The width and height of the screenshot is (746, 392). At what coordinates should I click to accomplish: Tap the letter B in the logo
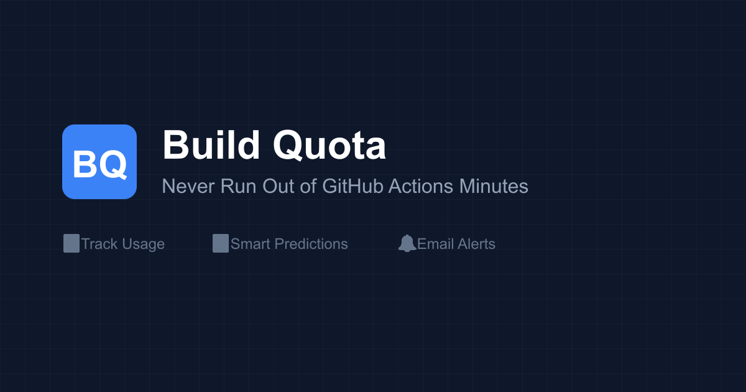[x=84, y=165]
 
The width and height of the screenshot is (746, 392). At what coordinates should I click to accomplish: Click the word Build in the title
[x=211, y=146]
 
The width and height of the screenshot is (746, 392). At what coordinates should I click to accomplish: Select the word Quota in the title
[x=329, y=146]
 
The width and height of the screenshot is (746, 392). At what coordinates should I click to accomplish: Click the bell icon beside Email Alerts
[x=407, y=243]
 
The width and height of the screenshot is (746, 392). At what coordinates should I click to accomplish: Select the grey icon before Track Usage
[x=71, y=243]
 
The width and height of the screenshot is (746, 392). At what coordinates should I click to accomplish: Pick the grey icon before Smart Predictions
[x=221, y=243]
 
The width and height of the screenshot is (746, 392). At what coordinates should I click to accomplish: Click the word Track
[x=99, y=244]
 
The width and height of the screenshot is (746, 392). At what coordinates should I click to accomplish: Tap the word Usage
[x=144, y=244]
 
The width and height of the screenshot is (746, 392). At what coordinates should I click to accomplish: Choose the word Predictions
[x=311, y=244]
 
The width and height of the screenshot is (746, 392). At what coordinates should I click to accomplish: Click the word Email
[x=435, y=244]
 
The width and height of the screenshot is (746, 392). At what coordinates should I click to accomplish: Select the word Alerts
[x=476, y=244]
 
